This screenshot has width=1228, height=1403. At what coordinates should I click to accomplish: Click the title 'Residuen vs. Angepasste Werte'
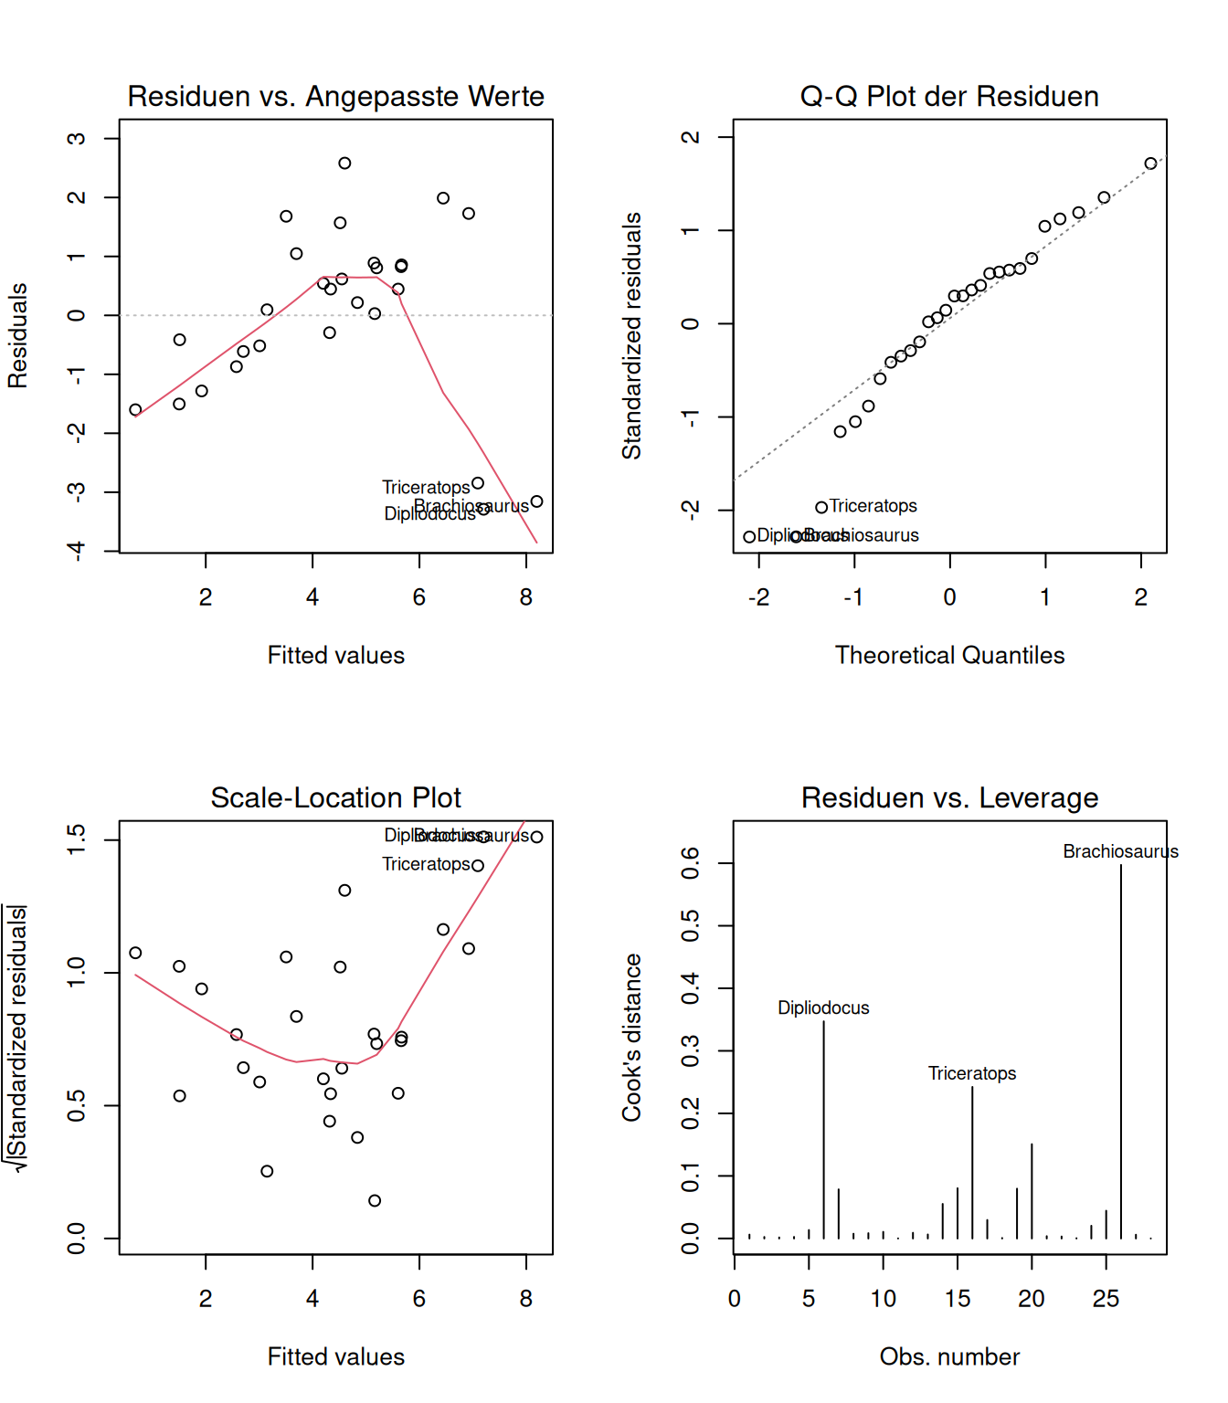tap(335, 96)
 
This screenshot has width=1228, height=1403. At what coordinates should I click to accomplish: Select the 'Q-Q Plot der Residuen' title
tap(949, 96)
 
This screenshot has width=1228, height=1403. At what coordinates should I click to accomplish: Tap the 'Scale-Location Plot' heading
tap(335, 797)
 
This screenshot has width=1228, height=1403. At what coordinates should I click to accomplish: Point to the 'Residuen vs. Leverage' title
tap(949, 797)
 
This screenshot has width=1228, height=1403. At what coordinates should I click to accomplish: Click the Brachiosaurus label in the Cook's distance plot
tap(1120, 851)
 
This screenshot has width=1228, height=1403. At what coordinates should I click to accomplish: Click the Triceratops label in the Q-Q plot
tap(873, 506)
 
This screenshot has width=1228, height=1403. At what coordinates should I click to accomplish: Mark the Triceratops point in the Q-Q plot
tap(821, 507)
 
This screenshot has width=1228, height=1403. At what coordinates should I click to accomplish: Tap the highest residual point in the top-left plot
tap(344, 164)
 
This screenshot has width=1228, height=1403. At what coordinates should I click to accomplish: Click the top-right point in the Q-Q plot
tap(1150, 164)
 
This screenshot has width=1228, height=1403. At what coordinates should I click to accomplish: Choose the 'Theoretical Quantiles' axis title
tap(949, 655)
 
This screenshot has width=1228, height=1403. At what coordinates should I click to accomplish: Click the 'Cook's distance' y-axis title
tap(631, 1037)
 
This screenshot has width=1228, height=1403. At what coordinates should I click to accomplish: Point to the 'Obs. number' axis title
tap(949, 1356)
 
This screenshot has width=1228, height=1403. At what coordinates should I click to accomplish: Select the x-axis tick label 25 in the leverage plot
tap(1106, 1299)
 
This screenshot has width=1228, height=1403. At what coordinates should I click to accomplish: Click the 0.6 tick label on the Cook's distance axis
tap(691, 863)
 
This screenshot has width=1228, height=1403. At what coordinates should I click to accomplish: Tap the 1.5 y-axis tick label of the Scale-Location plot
tap(77, 839)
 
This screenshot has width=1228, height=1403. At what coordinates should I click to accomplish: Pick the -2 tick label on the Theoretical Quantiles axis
tap(758, 597)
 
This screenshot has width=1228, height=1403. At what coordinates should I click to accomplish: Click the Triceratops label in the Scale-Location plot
tap(426, 864)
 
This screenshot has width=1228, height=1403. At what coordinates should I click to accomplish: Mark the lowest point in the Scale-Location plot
tap(375, 1200)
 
